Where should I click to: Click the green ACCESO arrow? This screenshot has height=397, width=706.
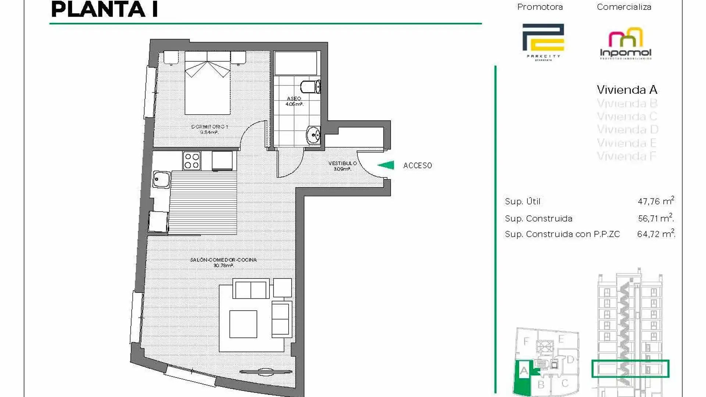click(386, 165)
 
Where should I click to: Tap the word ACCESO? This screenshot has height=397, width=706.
click(417, 166)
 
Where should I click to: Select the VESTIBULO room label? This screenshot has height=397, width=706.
click(342, 166)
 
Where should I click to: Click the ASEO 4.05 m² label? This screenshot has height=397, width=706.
click(294, 101)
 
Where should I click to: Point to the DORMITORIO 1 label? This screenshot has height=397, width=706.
click(210, 129)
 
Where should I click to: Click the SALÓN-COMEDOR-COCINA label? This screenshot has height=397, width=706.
click(223, 262)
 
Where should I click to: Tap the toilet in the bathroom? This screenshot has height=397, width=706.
click(310, 87)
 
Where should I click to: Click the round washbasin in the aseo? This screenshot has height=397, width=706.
click(313, 135)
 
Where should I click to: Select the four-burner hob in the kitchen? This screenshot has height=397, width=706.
click(192, 161)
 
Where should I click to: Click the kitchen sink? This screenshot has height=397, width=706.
click(161, 180)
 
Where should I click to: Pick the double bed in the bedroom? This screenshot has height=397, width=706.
click(207, 83)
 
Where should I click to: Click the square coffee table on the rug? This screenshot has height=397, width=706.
click(243, 324)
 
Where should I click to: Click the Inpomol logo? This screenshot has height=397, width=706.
click(625, 43)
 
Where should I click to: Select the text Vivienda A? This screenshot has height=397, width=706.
click(627, 90)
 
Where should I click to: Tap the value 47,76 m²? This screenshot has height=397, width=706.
click(656, 201)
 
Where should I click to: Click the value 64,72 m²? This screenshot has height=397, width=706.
click(656, 234)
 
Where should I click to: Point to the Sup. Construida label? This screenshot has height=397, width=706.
click(538, 219)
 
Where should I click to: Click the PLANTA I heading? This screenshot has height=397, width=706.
click(104, 10)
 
